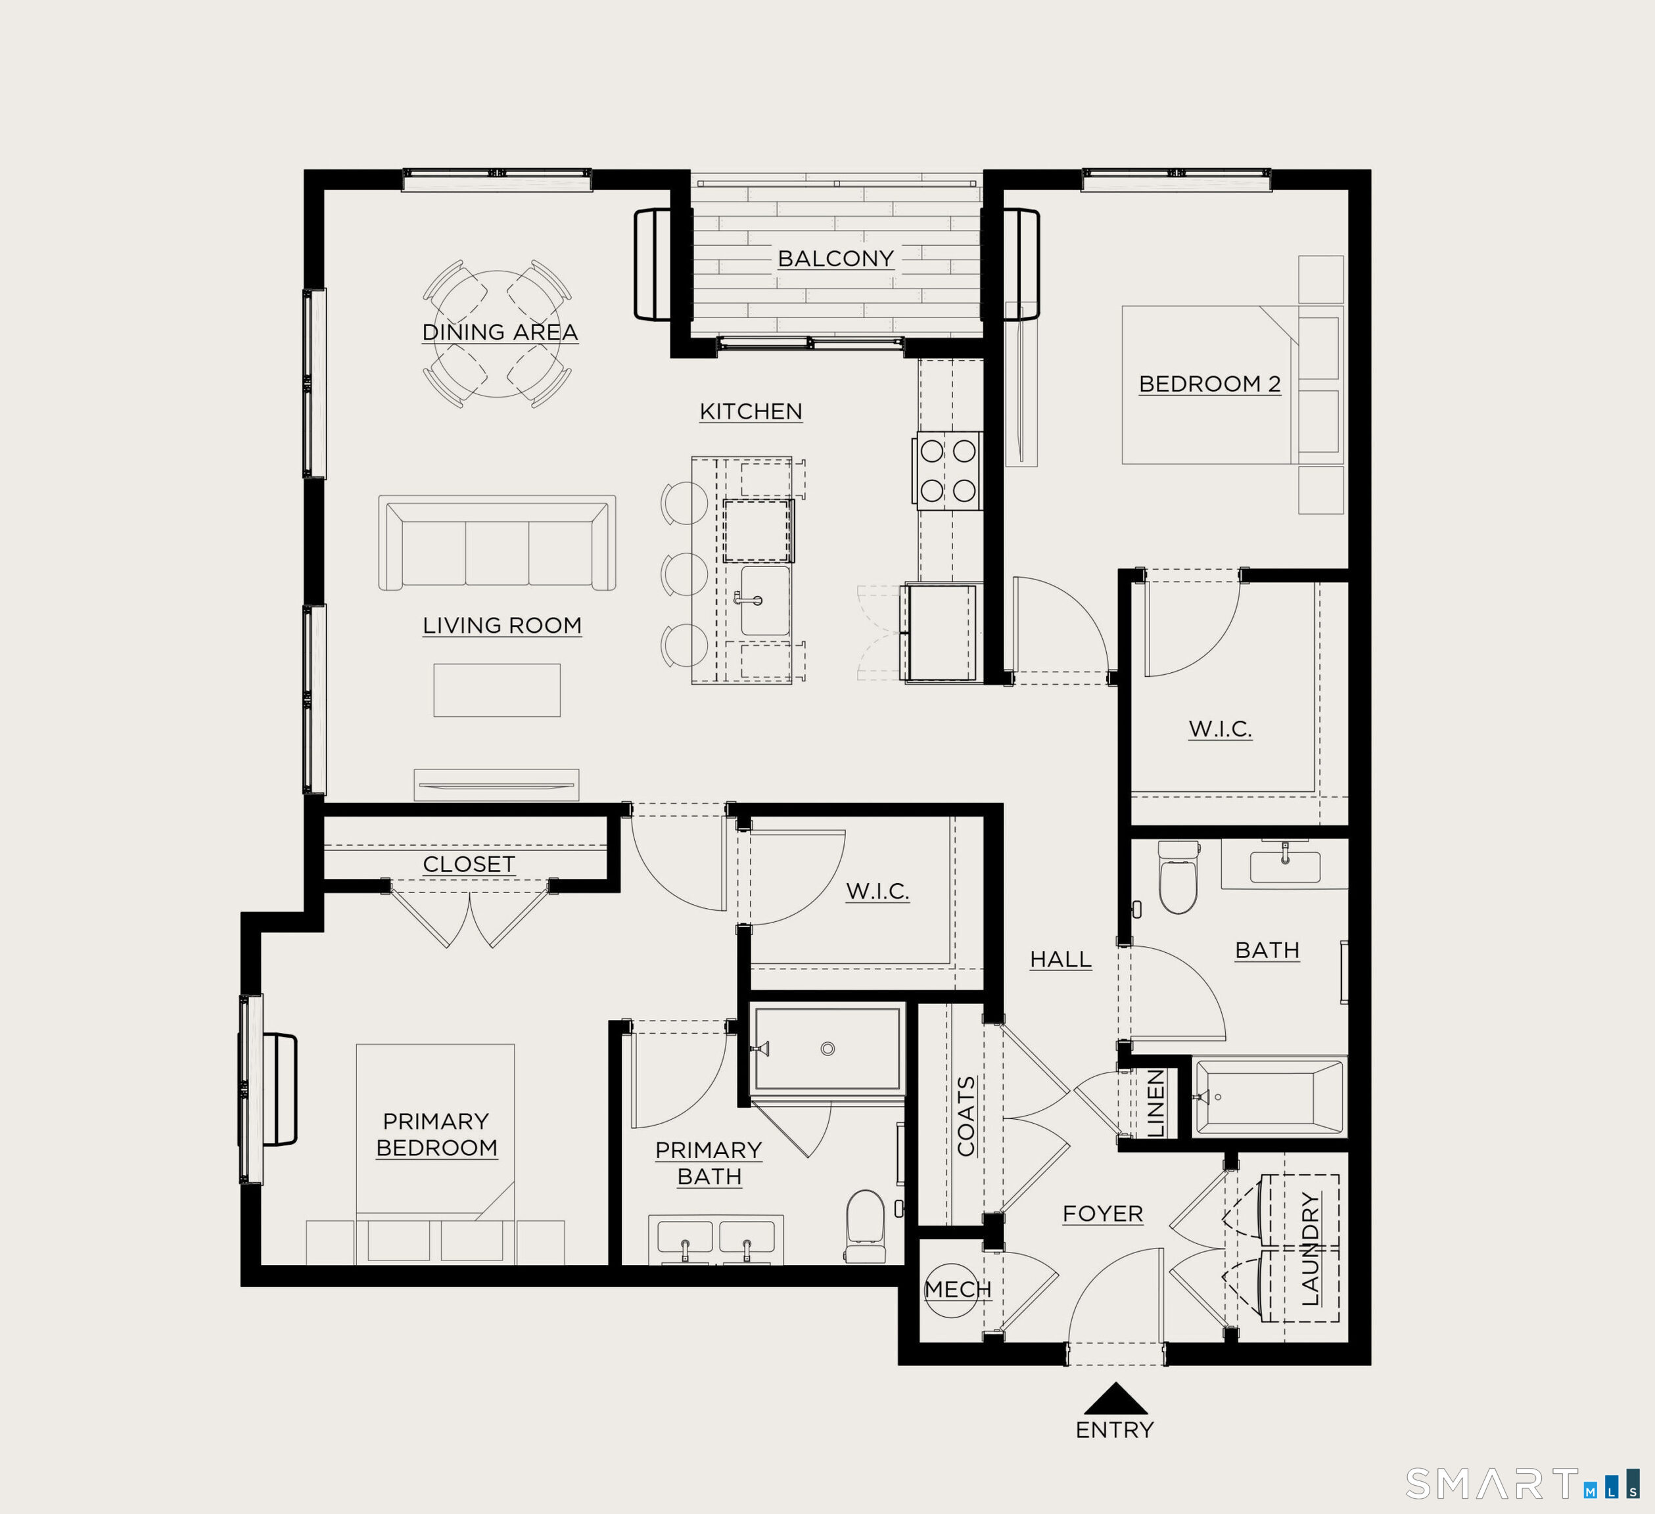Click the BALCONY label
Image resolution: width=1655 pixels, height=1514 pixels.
click(835, 258)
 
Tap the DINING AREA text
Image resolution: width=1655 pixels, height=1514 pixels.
click(500, 332)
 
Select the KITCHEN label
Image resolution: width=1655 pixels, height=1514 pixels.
click(751, 411)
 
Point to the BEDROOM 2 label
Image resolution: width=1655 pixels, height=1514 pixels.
click(1209, 383)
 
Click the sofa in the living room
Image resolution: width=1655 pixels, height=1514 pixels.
click(497, 543)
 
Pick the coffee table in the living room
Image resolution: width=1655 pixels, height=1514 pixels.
click(497, 690)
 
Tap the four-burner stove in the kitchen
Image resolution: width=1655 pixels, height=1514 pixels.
click(948, 471)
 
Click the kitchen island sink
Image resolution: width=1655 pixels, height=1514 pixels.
click(765, 600)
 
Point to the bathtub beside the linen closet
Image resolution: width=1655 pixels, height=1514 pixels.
click(1269, 1096)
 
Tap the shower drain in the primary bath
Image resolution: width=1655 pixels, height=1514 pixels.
click(827, 1048)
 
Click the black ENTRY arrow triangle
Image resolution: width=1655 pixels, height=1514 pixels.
click(1115, 1400)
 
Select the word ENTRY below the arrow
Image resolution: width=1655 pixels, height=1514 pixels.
click(1114, 1429)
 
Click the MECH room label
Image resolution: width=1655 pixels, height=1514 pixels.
click(957, 1289)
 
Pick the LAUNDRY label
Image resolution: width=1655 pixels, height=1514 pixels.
click(1311, 1248)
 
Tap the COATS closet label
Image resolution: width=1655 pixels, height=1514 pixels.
click(966, 1116)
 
